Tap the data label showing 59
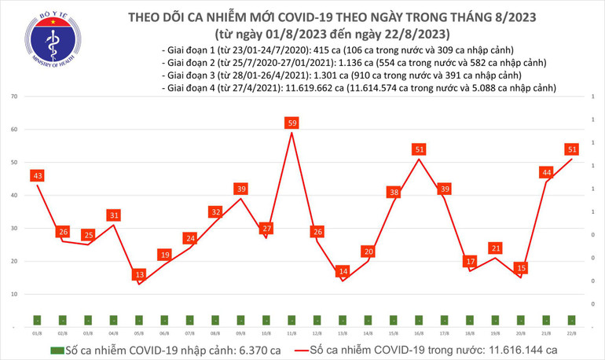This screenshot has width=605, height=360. point(291,123)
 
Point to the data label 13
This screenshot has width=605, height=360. point(139,274)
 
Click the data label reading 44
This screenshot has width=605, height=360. point(546,172)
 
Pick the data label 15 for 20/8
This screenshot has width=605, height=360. point(519,268)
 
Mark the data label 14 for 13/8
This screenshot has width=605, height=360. point(342,271)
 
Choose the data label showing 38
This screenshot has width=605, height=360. point(393,192)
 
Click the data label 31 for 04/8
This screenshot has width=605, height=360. point(115,215)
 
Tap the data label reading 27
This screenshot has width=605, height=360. point(266,229)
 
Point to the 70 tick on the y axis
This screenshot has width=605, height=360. point(15,97)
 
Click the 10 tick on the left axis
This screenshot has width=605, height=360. point(15,293)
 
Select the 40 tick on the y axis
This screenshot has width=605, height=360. point(15,195)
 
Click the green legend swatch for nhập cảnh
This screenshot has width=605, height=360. point(57,350)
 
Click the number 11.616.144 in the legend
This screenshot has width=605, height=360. point(510,350)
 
